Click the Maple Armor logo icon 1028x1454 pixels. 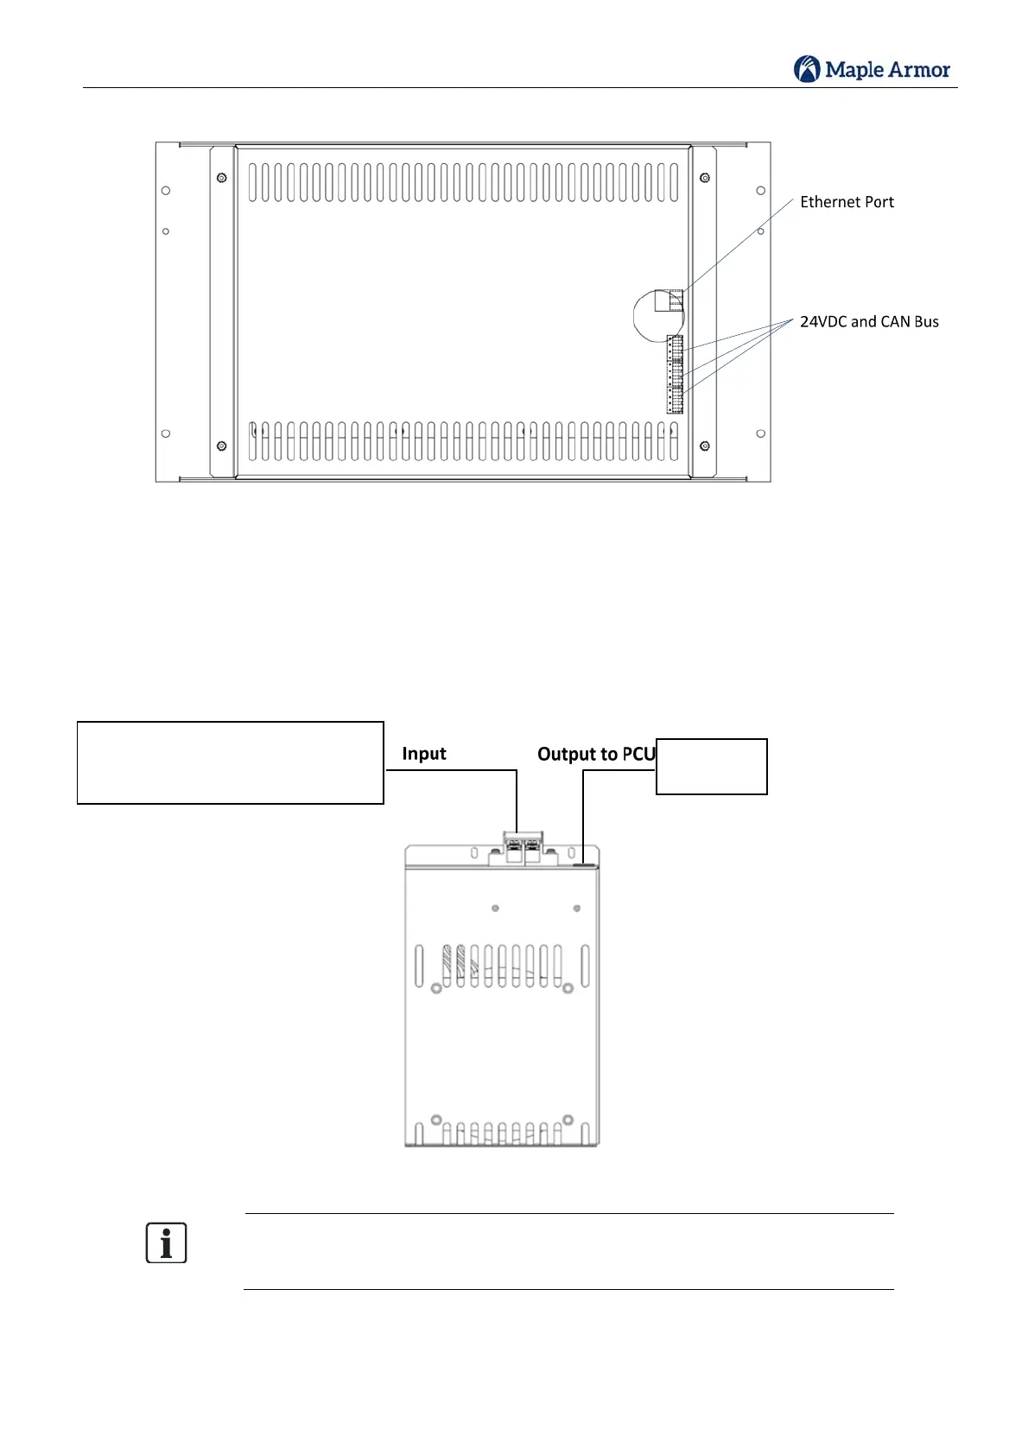(x=807, y=69)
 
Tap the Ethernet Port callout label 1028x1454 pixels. (x=847, y=202)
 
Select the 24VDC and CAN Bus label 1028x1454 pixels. (x=869, y=322)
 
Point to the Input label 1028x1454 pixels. (x=424, y=754)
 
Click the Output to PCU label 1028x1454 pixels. (x=596, y=755)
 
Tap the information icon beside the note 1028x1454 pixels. (x=166, y=1243)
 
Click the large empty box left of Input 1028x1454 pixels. (x=231, y=763)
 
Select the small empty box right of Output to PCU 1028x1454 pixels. (x=712, y=767)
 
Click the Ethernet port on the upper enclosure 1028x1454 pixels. (x=669, y=300)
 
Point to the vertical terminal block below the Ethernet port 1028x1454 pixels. (x=675, y=374)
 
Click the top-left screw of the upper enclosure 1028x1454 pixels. (x=222, y=178)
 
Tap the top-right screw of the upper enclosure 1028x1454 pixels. (x=705, y=178)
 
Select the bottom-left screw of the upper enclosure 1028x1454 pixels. (x=222, y=446)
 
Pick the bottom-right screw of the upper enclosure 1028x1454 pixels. (x=705, y=446)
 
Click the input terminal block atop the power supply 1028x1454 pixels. (x=523, y=846)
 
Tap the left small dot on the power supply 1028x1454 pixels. (x=495, y=908)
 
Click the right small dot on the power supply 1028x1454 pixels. (x=577, y=908)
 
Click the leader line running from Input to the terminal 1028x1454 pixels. (x=516, y=799)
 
